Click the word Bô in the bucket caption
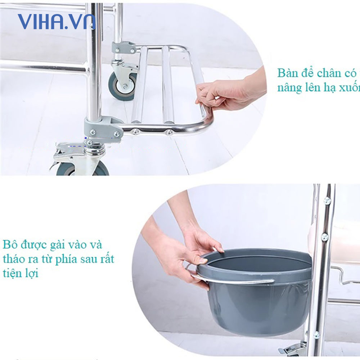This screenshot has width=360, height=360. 10,245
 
